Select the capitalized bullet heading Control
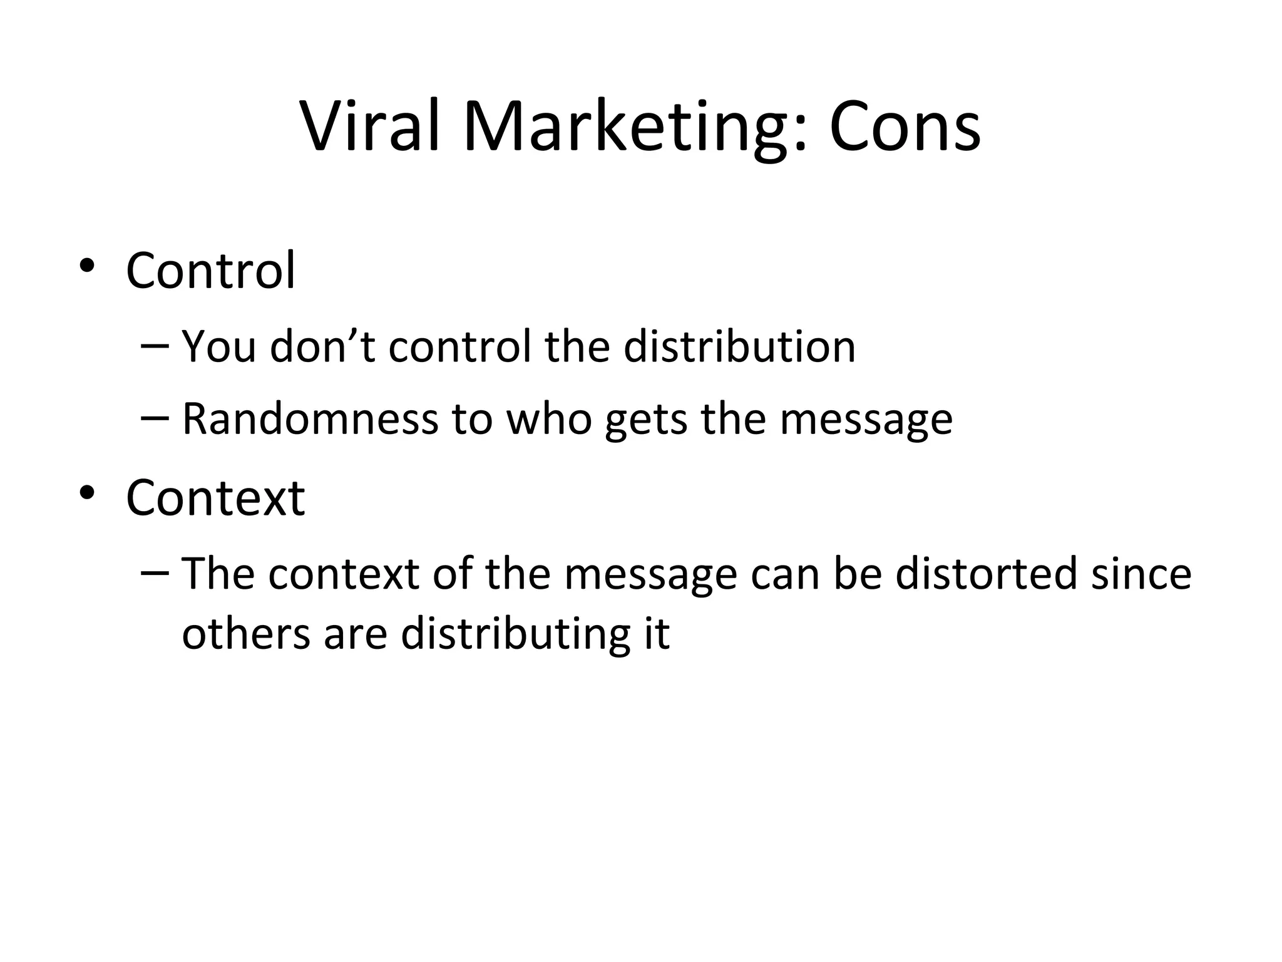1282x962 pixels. pyautogui.click(x=210, y=271)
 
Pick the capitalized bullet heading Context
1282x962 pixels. pyautogui.click(x=215, y=498)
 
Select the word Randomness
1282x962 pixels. pyautogui.click(x=310, y=418)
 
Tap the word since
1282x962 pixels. pyautogui.click(x=1141, y=574)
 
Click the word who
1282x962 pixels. pyautogui.click(x=549, y=418)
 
